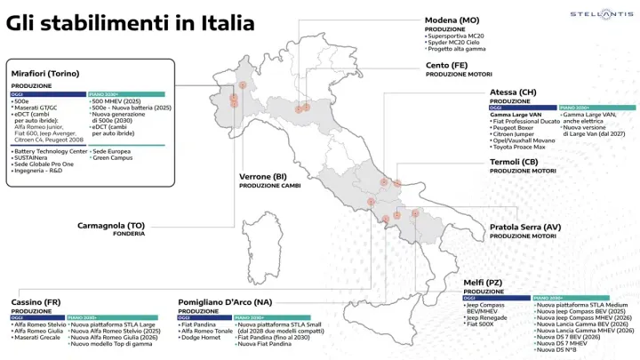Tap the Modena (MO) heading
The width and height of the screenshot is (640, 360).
tap(452, 20)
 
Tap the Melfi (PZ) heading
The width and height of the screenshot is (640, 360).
tap(484, 283)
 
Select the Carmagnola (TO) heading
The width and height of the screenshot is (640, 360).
tap(111, 225)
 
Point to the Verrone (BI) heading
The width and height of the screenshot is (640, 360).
tap(266, 176)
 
